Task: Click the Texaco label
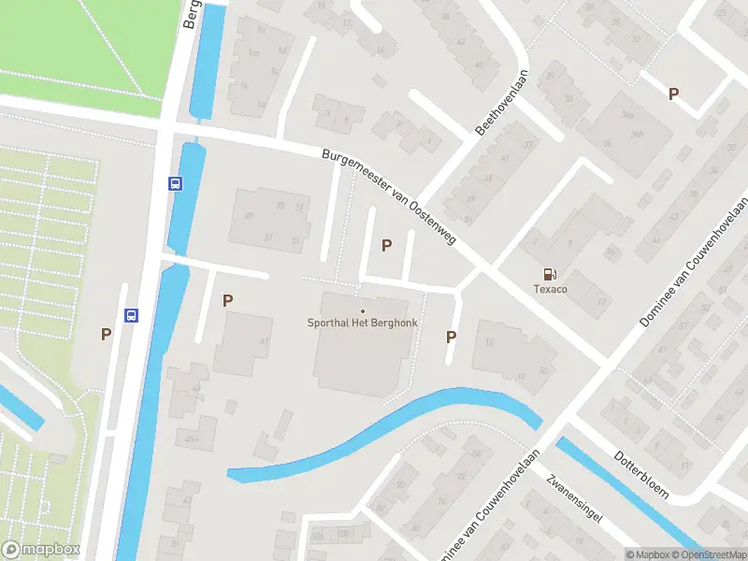tap(550, 290)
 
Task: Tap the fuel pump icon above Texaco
tap(550, 274)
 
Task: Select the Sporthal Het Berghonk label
tap(363, 324)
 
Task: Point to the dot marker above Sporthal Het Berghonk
tap(363, 311)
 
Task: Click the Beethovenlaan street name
tap(502, 103)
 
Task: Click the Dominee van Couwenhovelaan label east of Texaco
tap(695, 261)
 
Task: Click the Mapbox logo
tap(41, 550)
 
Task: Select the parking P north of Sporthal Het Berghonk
tap(386, 245)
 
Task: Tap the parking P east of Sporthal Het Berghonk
tap(452, 338)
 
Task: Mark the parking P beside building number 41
tap(227, 300)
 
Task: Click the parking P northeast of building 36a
tap(673, 93)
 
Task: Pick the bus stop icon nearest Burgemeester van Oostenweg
tap(175, 183)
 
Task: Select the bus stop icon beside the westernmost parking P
tap(132, 316)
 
